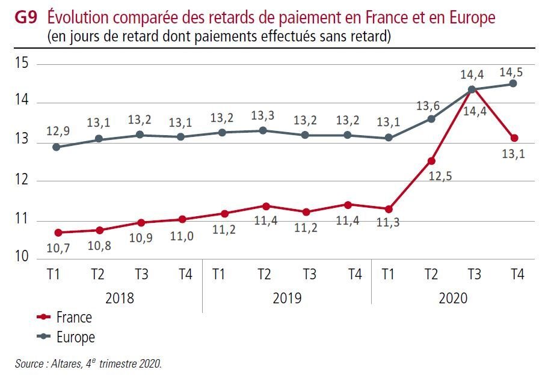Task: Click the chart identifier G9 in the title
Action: pos(25,17)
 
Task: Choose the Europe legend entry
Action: pos(75,337)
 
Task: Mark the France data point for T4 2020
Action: pos(514,138)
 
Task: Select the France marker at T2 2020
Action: pos(431,160)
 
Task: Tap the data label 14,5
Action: pos(511,71)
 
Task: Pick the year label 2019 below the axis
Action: pos(287,297)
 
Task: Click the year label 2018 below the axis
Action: pos(120,297)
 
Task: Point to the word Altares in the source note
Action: pos(66,363)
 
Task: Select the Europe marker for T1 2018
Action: pos(56,147)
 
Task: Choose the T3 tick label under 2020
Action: pos(474,274)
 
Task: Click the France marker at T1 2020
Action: pos(389,209)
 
